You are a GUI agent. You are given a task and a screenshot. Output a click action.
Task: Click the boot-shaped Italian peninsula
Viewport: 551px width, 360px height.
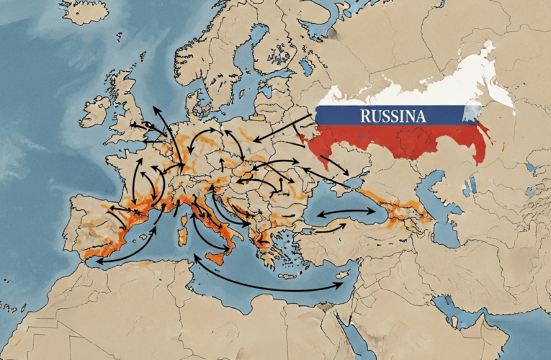(x=216, y=223)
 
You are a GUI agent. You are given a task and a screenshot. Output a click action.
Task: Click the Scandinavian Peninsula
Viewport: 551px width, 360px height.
(x=216, y=43)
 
